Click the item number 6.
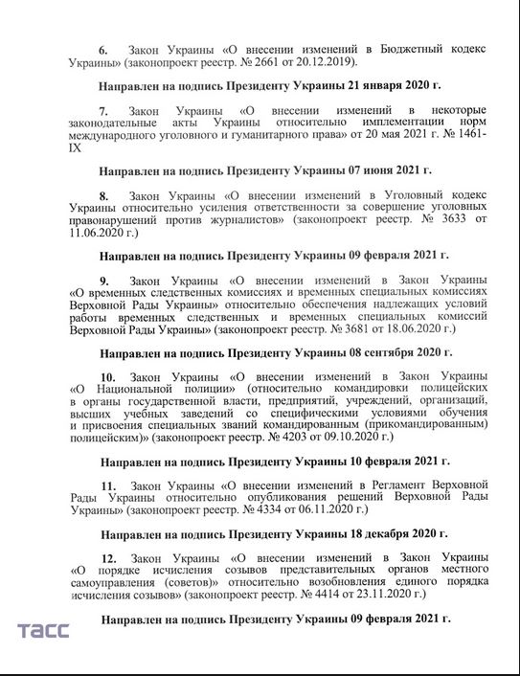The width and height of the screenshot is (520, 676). [103, 48]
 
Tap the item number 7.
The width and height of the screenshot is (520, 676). [103, 111]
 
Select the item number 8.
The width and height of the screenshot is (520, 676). [103, 195]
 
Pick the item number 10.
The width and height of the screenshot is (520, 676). [107, 377]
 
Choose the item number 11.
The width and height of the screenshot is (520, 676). [107, 486]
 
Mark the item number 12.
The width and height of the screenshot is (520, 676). [107, 556]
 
